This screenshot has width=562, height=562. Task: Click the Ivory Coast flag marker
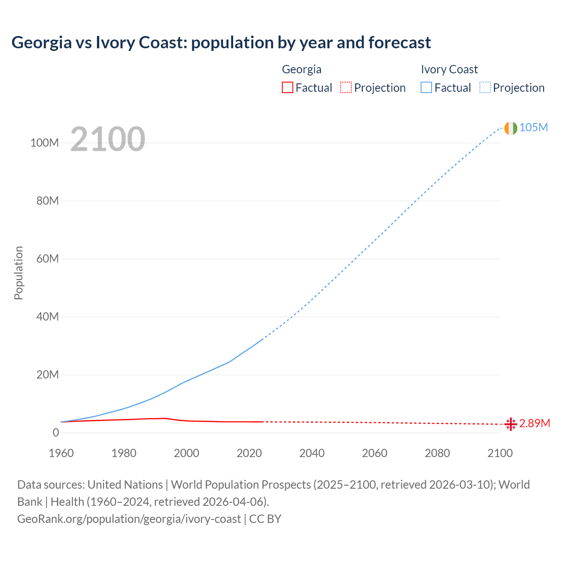point(511,128)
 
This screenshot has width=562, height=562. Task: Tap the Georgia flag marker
point(511,424)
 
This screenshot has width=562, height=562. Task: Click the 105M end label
point(533,127)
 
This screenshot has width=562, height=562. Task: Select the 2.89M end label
point(534,423)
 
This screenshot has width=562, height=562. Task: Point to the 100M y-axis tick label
point(44,143)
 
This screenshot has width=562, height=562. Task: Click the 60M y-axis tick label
point(47,259)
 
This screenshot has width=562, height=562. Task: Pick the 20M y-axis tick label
point(47,375)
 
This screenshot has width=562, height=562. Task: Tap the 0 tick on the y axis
point(55,432)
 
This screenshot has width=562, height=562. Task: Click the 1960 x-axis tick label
point(61,453)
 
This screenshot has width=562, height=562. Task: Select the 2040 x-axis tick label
point(312,453)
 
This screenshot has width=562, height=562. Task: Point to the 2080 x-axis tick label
point(437,453)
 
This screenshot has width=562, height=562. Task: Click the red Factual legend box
point(287,87)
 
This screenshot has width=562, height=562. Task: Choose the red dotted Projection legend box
point(346,87)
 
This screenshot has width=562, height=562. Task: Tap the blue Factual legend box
point(426,87)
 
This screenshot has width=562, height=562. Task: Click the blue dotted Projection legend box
point(485,87)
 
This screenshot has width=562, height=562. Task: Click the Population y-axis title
point(18,273)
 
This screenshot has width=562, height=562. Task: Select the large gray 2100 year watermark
point(108,139)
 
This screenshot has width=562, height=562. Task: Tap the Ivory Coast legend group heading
point(449,69)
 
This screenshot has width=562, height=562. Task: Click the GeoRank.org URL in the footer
point(129,519)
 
